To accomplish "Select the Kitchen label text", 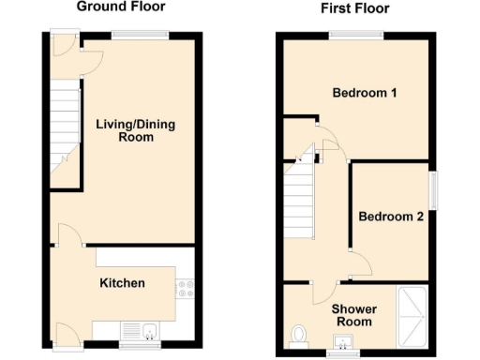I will [x=123, y=283].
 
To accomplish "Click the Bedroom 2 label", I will [x=391, y=217].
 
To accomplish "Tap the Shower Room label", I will [x=352, y=315].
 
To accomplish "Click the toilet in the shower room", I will [x=300, y=335].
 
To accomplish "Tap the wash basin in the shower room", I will [x=349, y=340].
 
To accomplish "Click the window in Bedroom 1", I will [x=355, y=35].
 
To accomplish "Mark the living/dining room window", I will [x=140, y=35].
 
